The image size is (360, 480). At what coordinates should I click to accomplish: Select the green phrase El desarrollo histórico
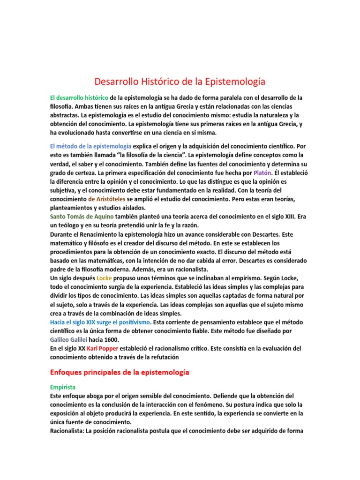click(x=79, y=97)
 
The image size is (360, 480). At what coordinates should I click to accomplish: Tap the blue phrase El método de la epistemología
click(x=90, y=146)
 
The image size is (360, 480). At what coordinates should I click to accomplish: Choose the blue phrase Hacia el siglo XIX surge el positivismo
click(x=100, y=322)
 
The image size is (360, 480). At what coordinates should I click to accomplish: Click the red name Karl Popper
click(x=105, y=348)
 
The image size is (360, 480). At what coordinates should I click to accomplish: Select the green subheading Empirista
click(x=62, y=387)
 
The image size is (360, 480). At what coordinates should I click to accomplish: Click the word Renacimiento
click(x=106, y=234)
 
